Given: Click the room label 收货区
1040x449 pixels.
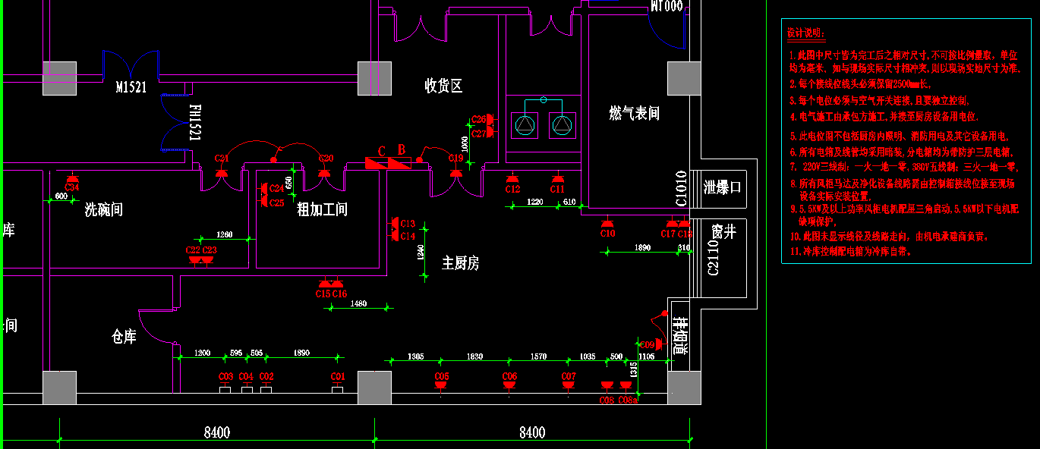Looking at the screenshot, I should pyautogui.click(x=443, y=86).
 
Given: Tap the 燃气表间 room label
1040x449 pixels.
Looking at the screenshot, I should pyautogui.click(x=634, y=113).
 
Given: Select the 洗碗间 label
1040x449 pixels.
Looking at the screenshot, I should pyautogui.click(x=103, y=209).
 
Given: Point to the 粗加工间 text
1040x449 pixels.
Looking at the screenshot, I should pyautogui.click(x=322, y=209).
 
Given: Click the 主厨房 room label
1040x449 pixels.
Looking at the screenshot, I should pyautogui.click(x=460, y=263).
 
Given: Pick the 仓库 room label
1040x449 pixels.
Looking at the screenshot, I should pyautogui.click(x=124, y=337).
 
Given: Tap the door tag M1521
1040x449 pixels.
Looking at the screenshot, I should pyautogui.click(x=131, y=87).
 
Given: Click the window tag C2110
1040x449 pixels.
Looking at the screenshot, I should pyautogui.click(x=713, y=258).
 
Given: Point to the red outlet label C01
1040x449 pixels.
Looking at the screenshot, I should pyautogui.click(x=338, y=376).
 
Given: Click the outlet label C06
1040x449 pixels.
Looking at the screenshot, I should pyautogui.click(x=509, y=376).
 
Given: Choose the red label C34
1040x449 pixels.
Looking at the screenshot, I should pyautogui.click(x=72, y=187).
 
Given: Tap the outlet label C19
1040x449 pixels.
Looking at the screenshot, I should pyautogui.click(x=455, y=159).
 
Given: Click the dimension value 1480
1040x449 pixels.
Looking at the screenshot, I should pyautogui.click(x=358, y=303).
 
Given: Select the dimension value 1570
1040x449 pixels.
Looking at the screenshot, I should pyautogui.click(x=538, y=356).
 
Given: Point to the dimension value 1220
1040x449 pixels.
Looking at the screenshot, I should pyautogui.click(x=535, y=202).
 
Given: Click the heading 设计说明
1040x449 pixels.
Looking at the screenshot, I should pyautogui.click(x=805, y=33).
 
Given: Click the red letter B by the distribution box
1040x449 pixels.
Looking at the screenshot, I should pyautogui.click(x=402, y=149).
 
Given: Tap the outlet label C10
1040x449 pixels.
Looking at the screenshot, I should pyautogui.click(x=607, y=234).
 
